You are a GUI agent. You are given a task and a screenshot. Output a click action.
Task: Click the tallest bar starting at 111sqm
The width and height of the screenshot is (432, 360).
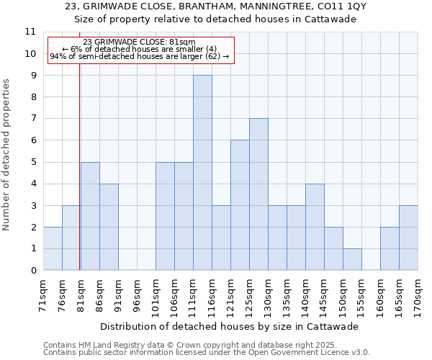click(202, 173)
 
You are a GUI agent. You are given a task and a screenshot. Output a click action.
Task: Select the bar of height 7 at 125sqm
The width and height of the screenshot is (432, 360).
click(258, 194)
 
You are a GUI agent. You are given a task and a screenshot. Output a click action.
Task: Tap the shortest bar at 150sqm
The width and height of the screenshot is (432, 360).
click(352, 259)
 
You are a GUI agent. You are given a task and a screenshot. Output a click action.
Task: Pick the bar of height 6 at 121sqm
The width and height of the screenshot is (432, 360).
click(240, 205)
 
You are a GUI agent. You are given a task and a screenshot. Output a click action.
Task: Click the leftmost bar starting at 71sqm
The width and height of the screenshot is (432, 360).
click(53, 248)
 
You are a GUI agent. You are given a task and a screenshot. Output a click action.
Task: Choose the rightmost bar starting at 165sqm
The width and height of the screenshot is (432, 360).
click(408, 238)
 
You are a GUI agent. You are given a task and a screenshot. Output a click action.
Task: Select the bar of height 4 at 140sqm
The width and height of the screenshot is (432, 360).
click(315, 227)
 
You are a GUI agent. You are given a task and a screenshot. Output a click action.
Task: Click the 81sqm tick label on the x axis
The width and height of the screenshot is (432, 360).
click(81, 295)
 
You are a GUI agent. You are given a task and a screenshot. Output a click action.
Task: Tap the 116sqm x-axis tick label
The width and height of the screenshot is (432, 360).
click(212, 295)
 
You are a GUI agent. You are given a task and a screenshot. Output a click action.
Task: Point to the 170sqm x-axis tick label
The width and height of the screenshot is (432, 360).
click(418, 295)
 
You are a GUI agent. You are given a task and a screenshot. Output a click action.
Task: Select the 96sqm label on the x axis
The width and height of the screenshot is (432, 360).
click(137, 295)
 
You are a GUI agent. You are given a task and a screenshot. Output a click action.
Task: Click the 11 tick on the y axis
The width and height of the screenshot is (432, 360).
click(30, 32)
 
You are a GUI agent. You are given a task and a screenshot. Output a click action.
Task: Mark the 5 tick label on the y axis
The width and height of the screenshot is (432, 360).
click(32, 162)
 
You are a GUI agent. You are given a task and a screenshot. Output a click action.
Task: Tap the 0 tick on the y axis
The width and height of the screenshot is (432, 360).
click(32, 271)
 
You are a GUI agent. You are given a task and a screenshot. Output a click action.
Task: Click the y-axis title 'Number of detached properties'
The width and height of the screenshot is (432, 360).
click(6, 155)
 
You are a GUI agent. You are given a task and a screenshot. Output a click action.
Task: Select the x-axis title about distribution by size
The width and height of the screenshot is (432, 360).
click(229, 326)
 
